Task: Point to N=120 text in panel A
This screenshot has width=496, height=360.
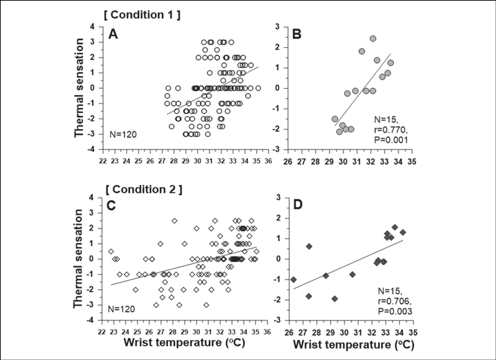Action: pos(122,132)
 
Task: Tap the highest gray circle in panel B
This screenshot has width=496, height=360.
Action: pos(373,38)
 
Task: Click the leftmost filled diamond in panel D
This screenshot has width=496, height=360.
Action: pos(293,279)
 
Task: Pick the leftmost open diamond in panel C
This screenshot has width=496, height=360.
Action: pos(111,252)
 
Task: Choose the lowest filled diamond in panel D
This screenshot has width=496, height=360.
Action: pos(335,299)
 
